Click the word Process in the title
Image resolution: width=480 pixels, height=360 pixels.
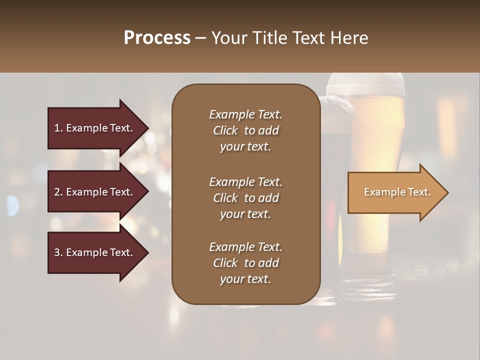coord(157,38)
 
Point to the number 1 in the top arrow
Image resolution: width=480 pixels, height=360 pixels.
coord(57,128)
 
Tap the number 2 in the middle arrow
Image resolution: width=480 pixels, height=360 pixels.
coord(57,192)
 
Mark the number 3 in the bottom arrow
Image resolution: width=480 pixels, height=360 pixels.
coord(57,252)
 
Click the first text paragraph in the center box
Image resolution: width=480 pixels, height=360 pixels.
coord(245,130)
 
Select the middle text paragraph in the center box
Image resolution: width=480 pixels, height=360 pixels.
coord(245,197)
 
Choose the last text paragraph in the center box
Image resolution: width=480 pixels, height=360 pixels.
coord(245,263)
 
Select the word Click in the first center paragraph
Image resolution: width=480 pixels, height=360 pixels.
coord(225,130)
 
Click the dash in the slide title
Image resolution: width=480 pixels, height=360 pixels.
coord(200,38)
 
